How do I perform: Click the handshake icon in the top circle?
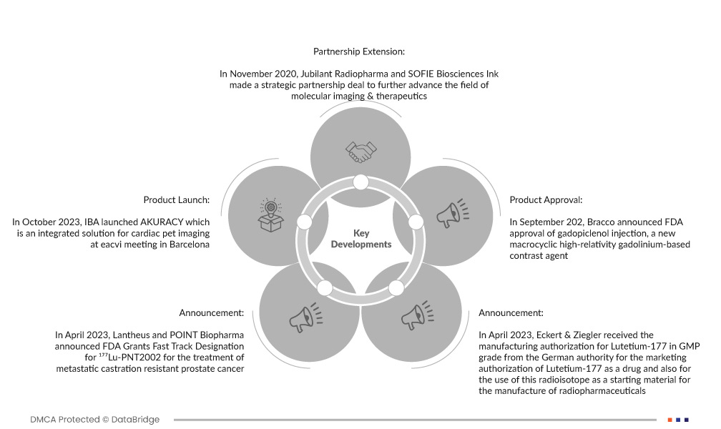pos(360,151)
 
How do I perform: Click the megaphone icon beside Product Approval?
pos(450,212)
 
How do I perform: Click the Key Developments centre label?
pos(361,239)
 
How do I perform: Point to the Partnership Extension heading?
pos(359,51)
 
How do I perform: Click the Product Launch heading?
pos(176,199)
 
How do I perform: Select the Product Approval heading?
pos(546,199)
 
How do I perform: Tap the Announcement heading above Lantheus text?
pos(211,312)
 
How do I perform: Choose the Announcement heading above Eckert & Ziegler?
pos(511,312)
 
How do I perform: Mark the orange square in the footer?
pos(669,420)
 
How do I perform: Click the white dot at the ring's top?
pos(360,182)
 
